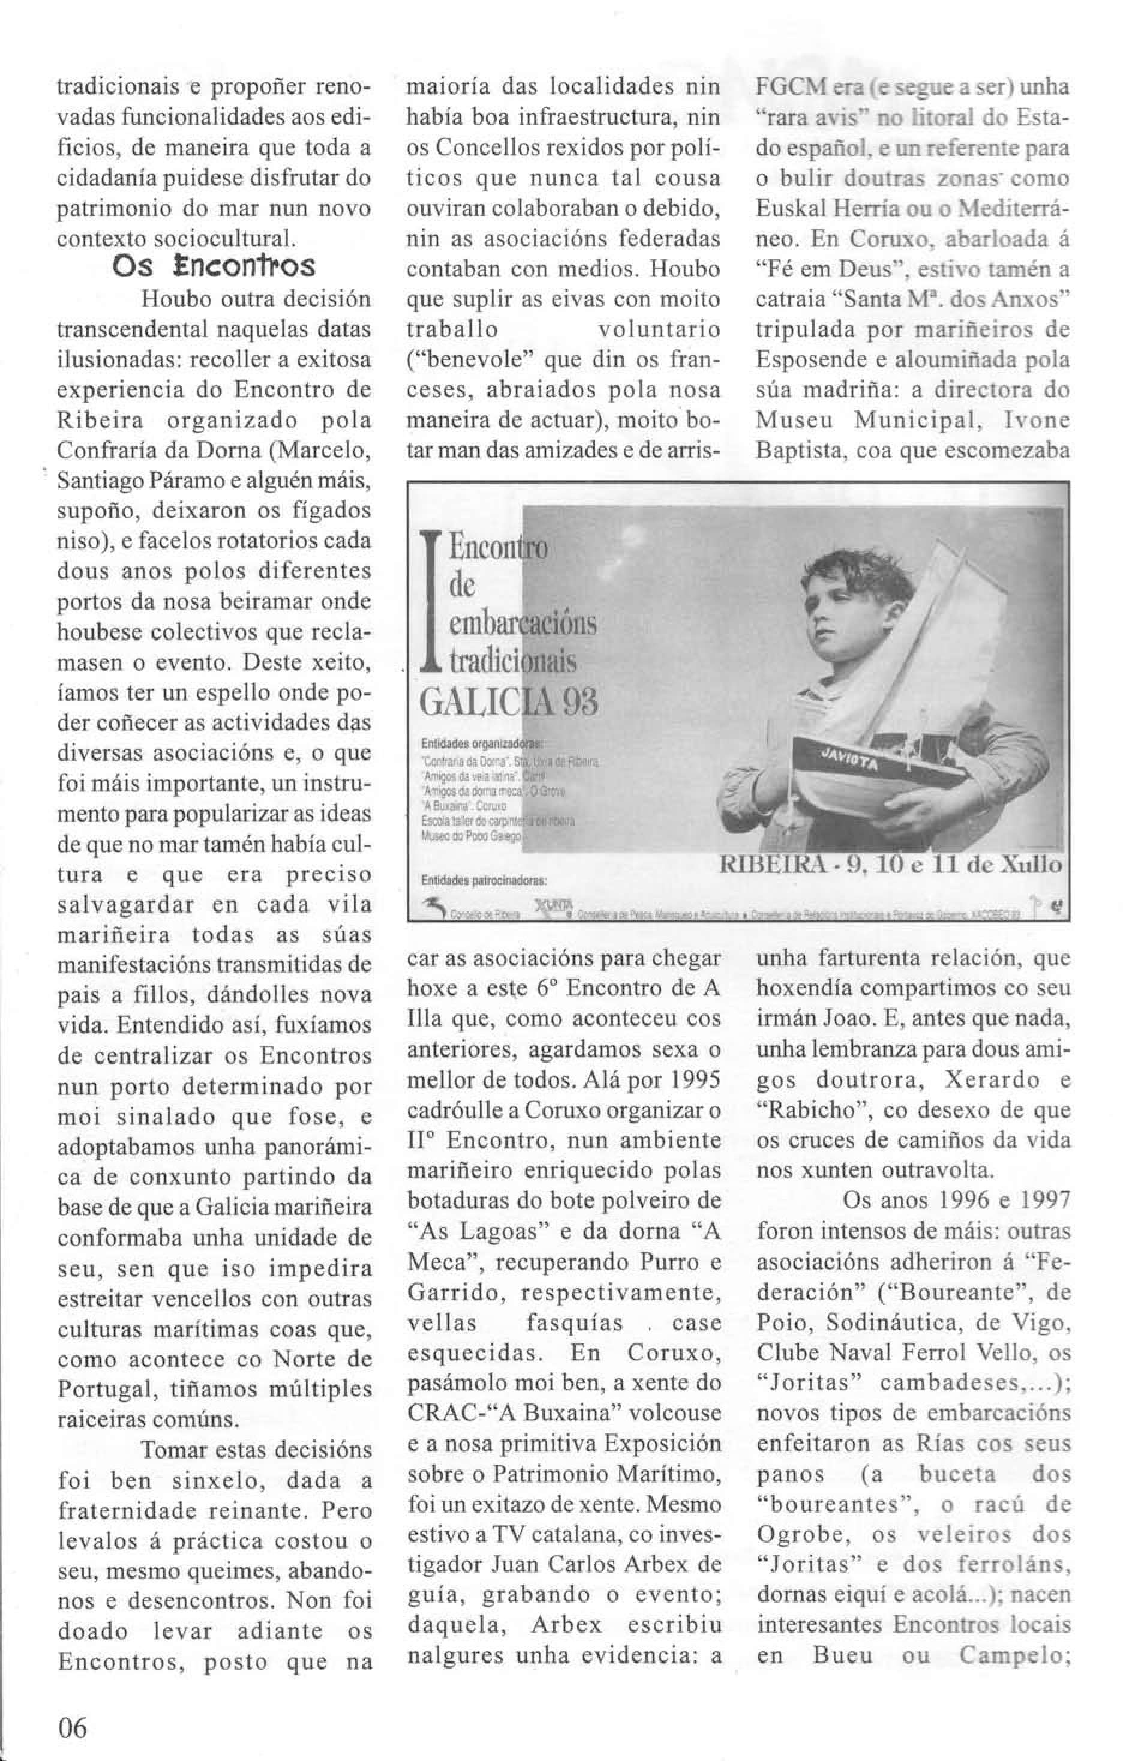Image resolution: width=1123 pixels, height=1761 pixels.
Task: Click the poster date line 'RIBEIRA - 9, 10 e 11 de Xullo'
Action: tap(890, 865)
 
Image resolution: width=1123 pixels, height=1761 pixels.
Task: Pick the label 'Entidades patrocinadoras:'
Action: tap(485, 881)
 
